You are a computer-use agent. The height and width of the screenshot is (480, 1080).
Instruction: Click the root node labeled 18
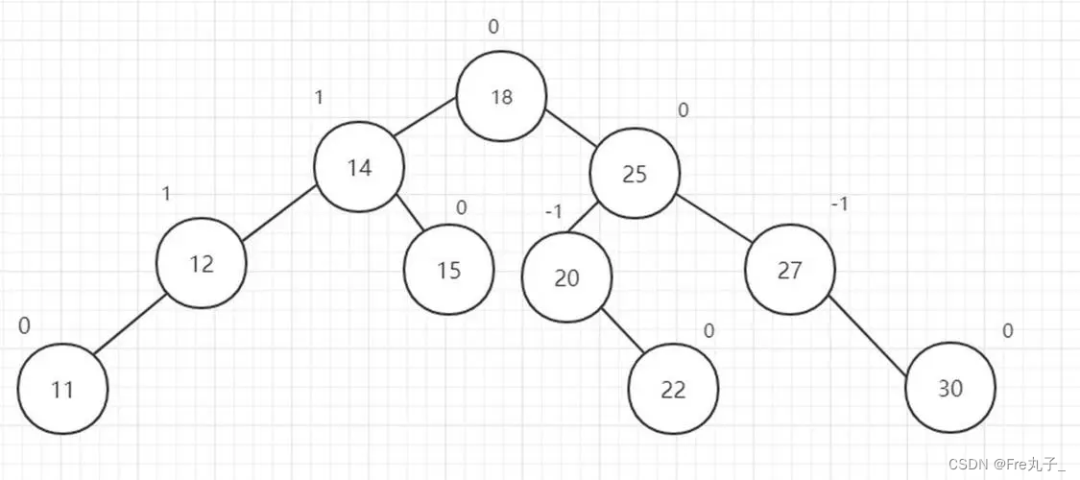pyautogui.click(x=501, y=97)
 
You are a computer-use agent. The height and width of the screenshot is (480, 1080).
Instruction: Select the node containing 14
pyautogui.click(x=359, y=167)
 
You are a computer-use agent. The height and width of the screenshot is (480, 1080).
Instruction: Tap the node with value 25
pyautogui.click(x=634, y=175)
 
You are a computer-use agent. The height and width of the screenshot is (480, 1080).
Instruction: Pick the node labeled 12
pyautogui.click(x=202, y=263)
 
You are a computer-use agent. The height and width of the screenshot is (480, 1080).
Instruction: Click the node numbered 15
pyautogui.click(x=449, y=270)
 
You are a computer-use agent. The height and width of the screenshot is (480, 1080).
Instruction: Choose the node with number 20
pyautogui.click(x=567, y=277)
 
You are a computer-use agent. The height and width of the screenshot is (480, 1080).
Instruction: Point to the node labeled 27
pyautogui.click(x=789, y=271)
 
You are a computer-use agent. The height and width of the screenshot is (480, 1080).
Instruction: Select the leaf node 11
pyautogui.click(x=62, y=390)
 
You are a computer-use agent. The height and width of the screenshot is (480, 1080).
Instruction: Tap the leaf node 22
pyautogui.click(x=673, y=389)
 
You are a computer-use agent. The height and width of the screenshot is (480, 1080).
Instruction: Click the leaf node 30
pyautogui.click(x=950, y=389)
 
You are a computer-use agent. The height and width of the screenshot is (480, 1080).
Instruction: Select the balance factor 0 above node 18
pyautogui.click(x=493, y=27)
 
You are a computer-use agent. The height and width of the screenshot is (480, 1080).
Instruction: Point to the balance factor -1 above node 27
pyautogui.click(x=840, y=204)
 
